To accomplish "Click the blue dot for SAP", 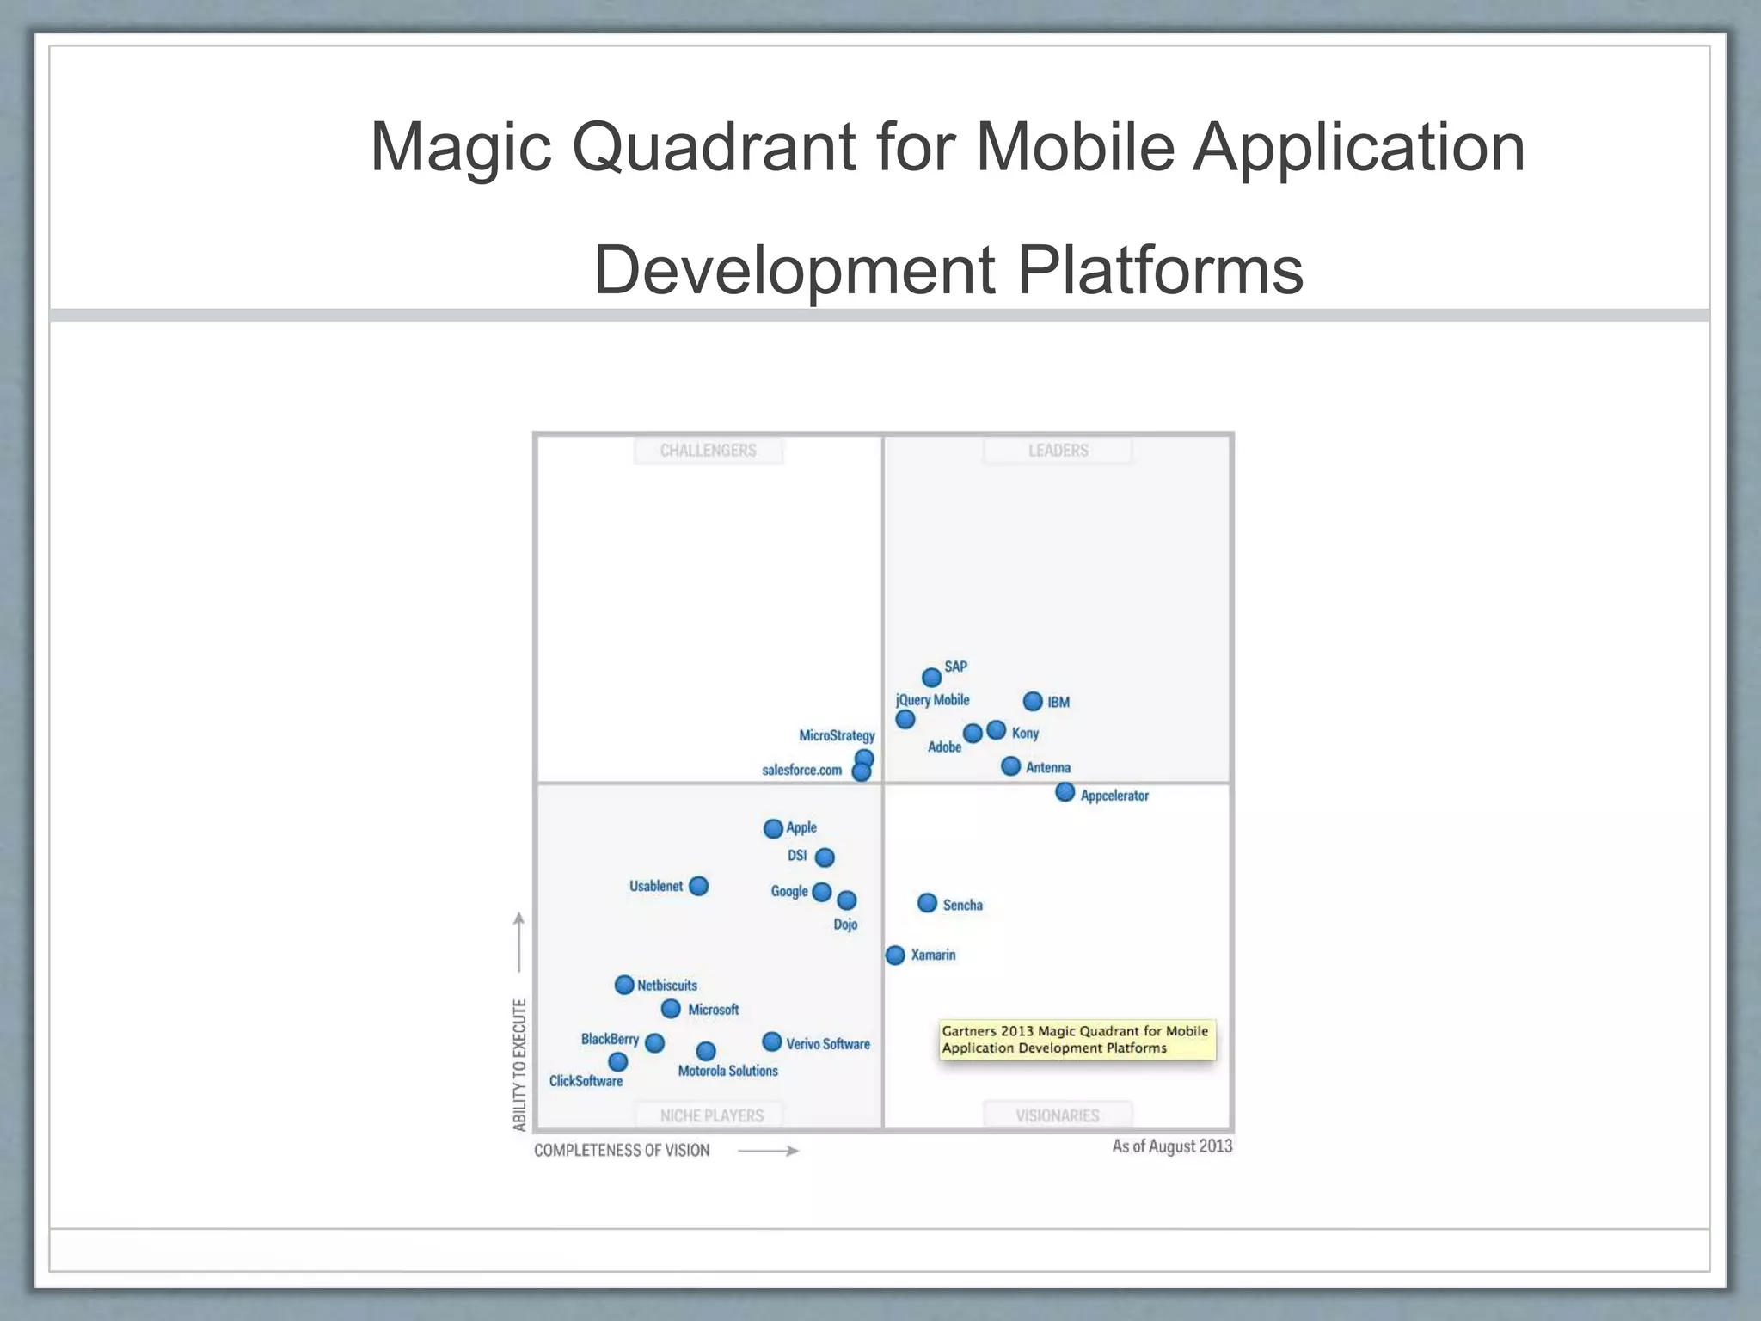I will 931,678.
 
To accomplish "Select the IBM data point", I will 1033,702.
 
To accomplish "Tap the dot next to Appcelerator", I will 1065,792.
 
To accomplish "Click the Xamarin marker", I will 895,955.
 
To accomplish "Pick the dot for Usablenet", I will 699,886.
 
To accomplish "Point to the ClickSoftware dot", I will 618,1062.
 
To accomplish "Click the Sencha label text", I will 962,905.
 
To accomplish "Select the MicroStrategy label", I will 837,735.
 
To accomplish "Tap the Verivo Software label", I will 827,1044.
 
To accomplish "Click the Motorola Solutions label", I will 727,1071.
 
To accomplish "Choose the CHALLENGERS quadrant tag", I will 708,451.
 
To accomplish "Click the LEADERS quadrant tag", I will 1058,451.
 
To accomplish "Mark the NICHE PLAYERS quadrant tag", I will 711,1115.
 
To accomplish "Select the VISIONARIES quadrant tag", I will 1057,1115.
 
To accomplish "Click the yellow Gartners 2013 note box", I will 1077,1040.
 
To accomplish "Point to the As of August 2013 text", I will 1172,1146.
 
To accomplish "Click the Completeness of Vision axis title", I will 622,1151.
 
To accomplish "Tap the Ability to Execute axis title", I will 519,1065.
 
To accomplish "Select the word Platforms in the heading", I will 1160,270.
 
